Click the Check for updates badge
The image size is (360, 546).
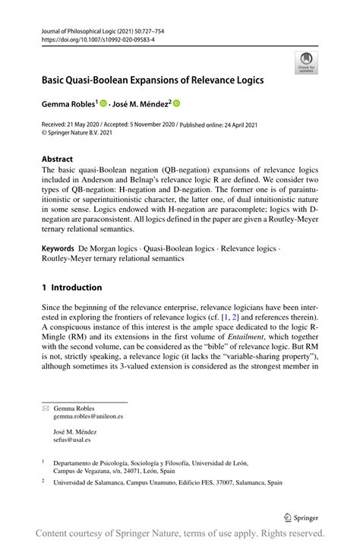(306, 62)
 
